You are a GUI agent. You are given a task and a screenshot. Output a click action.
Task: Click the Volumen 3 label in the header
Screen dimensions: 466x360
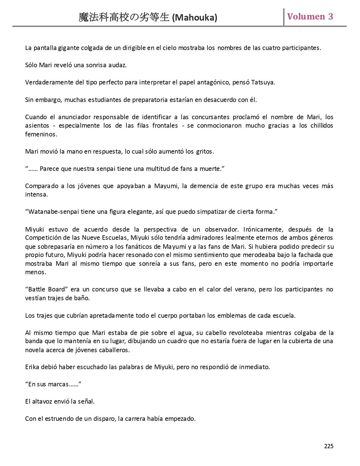[310, 17]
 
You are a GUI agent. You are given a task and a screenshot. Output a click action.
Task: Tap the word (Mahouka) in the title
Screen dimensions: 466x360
[195, 18]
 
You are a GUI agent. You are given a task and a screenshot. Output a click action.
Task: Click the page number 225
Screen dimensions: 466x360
[329, 446]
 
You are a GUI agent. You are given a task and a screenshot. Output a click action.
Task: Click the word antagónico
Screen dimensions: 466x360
[214, 82]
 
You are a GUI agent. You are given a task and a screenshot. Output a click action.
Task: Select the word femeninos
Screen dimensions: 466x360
[41, 134]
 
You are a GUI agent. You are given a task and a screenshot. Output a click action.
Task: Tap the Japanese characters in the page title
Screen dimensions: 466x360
[124, 18]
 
